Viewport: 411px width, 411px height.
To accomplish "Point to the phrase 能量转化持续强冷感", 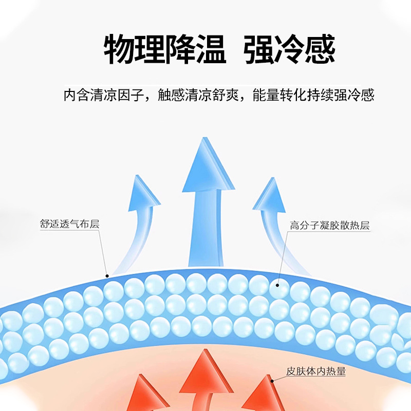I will pos(313,96).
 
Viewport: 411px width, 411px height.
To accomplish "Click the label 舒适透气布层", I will pos(69,225).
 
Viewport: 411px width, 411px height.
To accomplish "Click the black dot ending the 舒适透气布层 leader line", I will pos(107,276).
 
